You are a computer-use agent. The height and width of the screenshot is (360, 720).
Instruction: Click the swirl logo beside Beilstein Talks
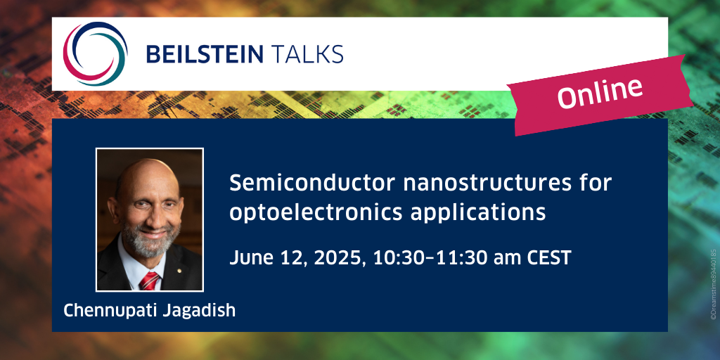[96, 53]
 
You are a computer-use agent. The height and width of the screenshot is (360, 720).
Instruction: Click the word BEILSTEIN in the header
[205, 54]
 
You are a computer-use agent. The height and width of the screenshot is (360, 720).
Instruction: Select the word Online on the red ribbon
[600, 93]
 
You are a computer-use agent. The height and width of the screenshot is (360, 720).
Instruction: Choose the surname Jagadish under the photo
[199, 311]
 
